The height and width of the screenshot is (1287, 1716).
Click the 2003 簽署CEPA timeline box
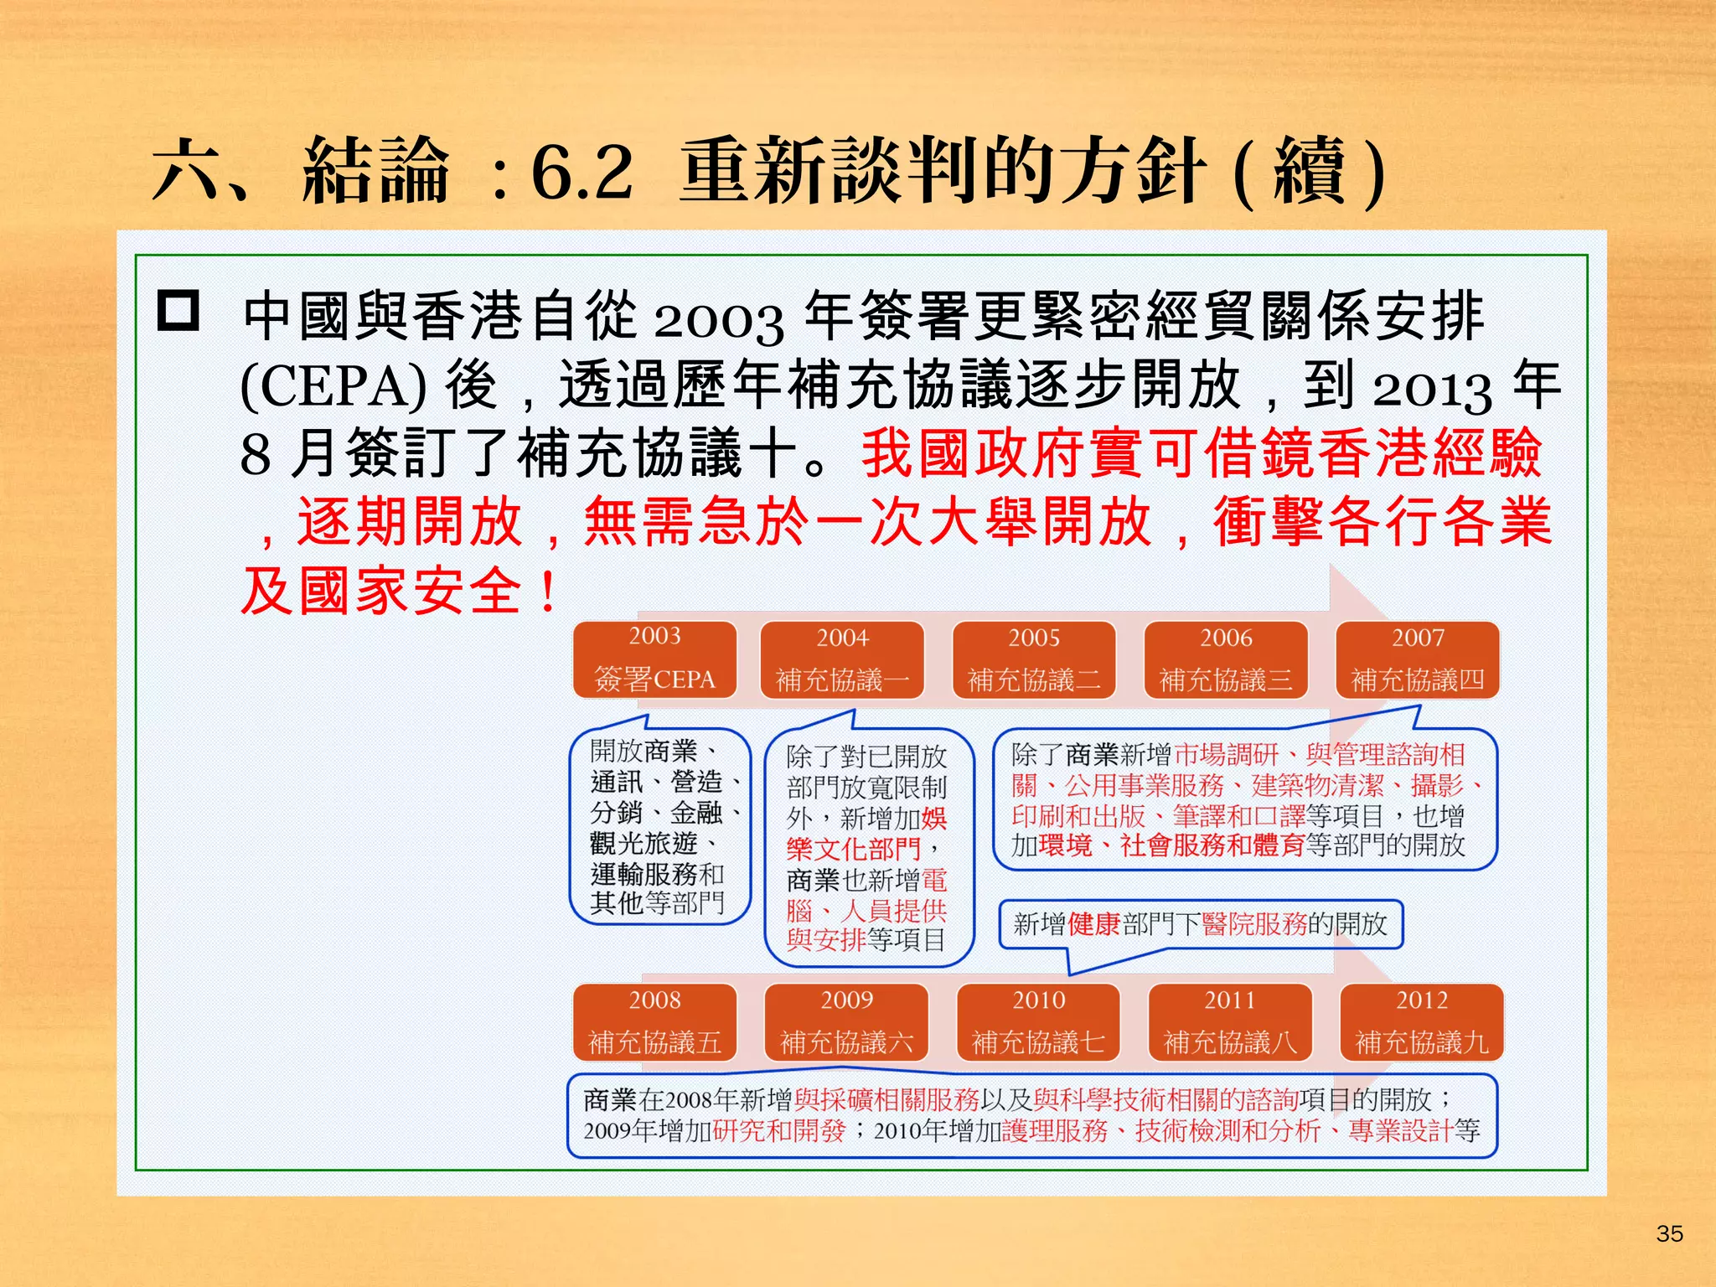pos(654,659)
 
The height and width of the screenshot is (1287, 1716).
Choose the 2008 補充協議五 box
pos(654,1022)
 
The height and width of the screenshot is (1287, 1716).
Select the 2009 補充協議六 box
pos(846,1022)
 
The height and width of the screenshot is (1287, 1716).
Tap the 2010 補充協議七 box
pos(1038,1022)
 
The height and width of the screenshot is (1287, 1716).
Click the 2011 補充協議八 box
pos(1230,1022)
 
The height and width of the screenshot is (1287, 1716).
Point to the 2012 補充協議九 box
pos(1422,1022)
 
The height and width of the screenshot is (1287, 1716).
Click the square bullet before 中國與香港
pos(178,312)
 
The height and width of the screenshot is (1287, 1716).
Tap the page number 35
pos(1669,1233)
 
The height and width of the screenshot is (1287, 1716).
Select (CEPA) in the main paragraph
pos(333,386)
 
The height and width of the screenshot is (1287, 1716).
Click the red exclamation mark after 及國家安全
pos(549,592)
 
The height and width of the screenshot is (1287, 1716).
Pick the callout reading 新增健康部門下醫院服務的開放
pos(1200,924)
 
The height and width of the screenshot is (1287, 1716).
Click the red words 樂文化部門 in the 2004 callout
pos(853,850)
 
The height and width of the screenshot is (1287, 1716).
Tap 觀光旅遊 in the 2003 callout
pos(643,842)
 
